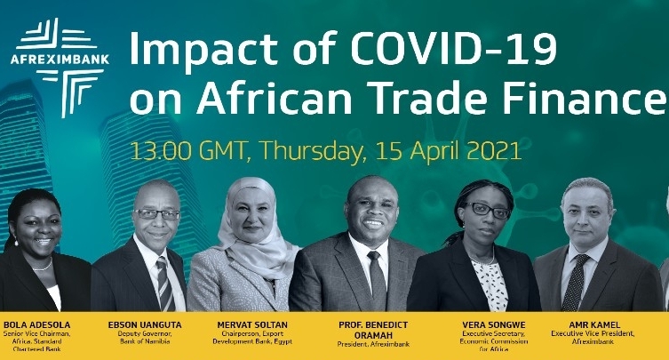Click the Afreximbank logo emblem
[60, 68]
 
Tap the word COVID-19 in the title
[453, 48]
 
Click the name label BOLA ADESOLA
[36, 325]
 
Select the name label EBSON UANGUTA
[145, 325]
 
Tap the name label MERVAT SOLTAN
[252, 325]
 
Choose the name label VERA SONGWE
[494, 325]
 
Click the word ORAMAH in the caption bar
[373, 335]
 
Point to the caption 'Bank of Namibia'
[145, 341]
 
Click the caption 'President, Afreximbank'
[373, 344]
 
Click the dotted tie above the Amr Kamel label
[574, 283]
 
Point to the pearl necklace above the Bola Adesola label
[44, 266]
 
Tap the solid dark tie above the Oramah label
[377, 280]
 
